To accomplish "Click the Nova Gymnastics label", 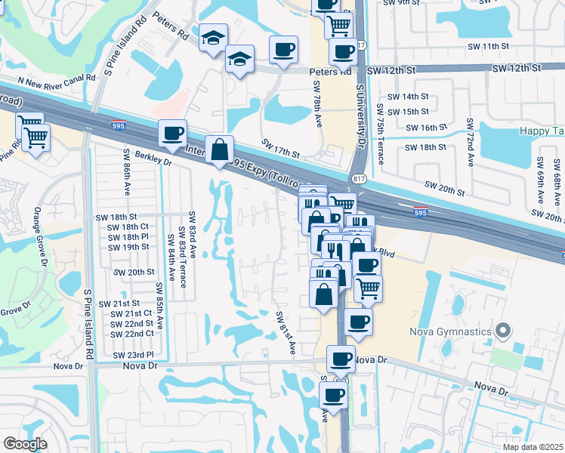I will click(x=452, y=331).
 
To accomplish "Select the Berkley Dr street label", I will click(x=155, y=160).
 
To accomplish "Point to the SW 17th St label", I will click(x=281, y=147).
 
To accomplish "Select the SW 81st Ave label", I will click(x=285, y=333).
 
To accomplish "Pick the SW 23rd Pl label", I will click(x=133, y=355).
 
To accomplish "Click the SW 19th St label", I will click(x=128, y=247).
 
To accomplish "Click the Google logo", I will click(x=25, y=444).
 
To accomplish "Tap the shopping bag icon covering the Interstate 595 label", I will click(x=219, y=149).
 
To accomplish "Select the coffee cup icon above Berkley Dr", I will click(x=172, y=133).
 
